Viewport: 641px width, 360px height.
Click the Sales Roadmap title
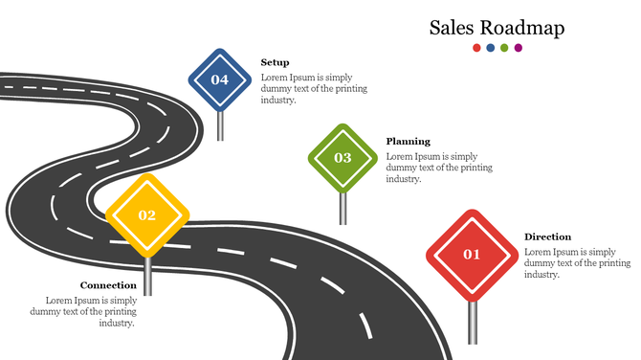click(x=497, y=28)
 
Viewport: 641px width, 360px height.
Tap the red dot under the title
click(x=477, y=48)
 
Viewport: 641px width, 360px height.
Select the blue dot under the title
click(x=491, y=48)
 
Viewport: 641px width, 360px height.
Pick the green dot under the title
click(x=504, y=48)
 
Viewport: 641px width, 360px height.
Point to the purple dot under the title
click(x=519, y=48)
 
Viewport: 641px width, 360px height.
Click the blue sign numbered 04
click(x=220, y=79)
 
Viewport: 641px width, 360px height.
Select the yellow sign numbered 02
click(x=146, y=215)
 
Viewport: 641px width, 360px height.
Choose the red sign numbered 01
click(x=471, y=255)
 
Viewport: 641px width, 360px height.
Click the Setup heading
click(x=275, y=62)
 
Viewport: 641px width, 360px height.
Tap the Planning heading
click(x=408, y=141)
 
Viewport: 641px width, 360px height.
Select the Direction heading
click(x=547, y=236)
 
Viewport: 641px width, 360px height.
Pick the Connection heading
click(x=108, y=285)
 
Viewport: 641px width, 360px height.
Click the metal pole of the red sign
click(x=472, y=322)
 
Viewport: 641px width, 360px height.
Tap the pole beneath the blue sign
click(x=220, y=126)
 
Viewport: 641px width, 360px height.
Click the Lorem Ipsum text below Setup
click(x=314, y=88)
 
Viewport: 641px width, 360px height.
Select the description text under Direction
click(x=577, y=262)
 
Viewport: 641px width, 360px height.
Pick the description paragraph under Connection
click(x=84, y=311)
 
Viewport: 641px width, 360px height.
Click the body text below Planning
click(x=439, y=168)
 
